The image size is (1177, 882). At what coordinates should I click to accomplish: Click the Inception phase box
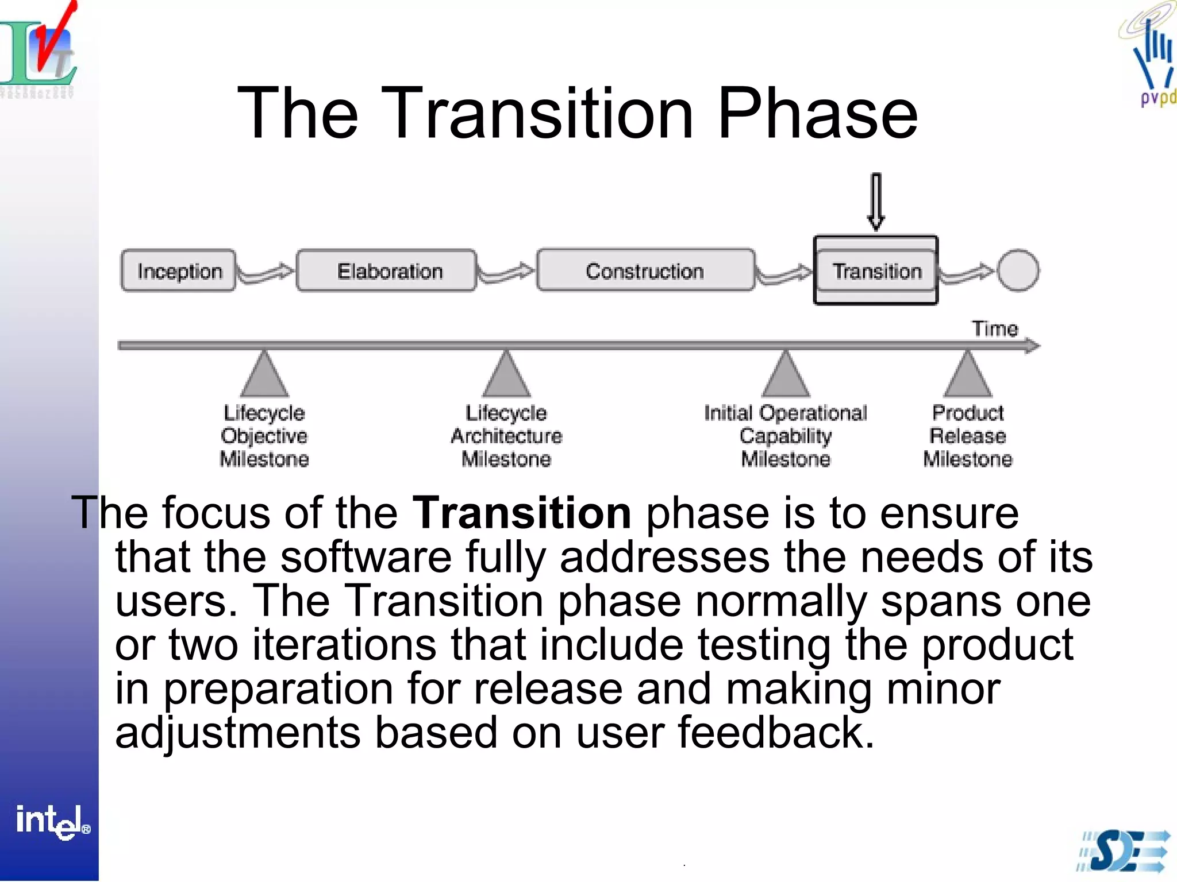click(178, 270)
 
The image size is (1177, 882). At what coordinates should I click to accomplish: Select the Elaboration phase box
click(387, 270)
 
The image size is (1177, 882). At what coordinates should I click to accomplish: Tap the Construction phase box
click(645, 270)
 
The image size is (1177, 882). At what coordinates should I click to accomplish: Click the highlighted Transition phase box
click(876, 270)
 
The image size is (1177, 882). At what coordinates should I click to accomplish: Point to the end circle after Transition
click(1018, 270)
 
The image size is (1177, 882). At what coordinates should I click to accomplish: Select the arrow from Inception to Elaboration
click(266, 273)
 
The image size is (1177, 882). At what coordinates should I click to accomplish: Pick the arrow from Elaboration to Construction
click(506, 273)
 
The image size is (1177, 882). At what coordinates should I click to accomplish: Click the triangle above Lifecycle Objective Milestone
click(264, 376)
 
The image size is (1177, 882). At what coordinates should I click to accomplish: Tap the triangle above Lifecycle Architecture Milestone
click(506, 376)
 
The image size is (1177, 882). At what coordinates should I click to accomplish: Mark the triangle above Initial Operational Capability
click(786, 376)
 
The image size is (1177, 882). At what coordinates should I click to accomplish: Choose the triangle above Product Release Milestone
click(968, 376)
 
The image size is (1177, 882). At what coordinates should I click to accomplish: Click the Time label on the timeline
click(994, 328)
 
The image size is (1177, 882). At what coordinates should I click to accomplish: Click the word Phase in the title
click(817, 113)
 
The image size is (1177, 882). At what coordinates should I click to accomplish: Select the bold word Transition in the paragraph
click(522, 512)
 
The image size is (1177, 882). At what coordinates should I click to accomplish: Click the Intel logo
click(52, 821)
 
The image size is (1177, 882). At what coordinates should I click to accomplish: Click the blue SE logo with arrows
click(1124, 851)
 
